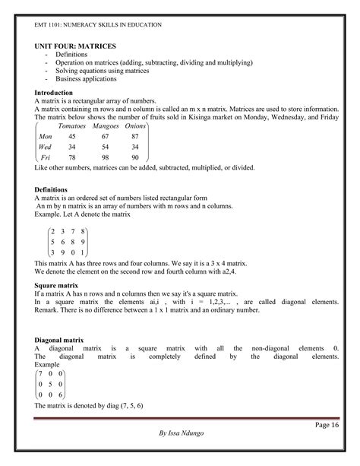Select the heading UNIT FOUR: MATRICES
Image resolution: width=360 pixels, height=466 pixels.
pos(73,46)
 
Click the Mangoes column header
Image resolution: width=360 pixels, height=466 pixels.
pos(106,125)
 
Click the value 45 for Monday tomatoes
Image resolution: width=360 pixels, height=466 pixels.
pos(71,135)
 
